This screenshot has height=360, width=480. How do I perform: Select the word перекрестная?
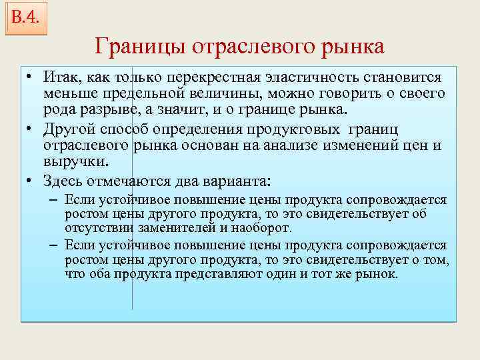pos(212,77)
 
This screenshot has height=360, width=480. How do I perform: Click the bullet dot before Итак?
pos(31,78)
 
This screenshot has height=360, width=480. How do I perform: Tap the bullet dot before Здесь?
pos(31,180)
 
